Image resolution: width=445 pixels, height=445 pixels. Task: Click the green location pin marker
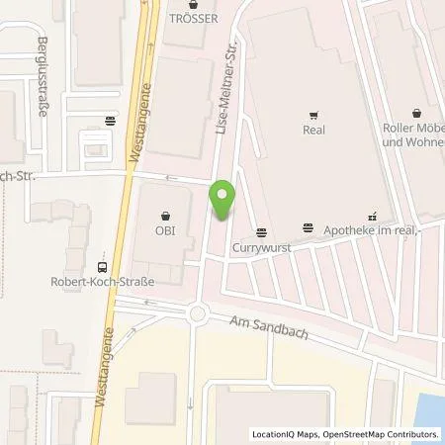pyautogui.click(x=224, y=201)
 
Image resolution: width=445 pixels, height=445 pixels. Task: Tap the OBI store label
pyautogui.click(x=165, y=233)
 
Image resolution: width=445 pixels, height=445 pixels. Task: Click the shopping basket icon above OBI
pyautogui.click(x=165, y=213)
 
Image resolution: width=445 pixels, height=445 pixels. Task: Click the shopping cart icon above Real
pyautogui.click(x=312, y=114)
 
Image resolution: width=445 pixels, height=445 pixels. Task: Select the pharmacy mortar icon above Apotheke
pyautogui.click(x=373, y=212)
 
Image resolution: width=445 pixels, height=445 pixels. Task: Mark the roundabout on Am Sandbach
pyautogui.click(x=198, y=315)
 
